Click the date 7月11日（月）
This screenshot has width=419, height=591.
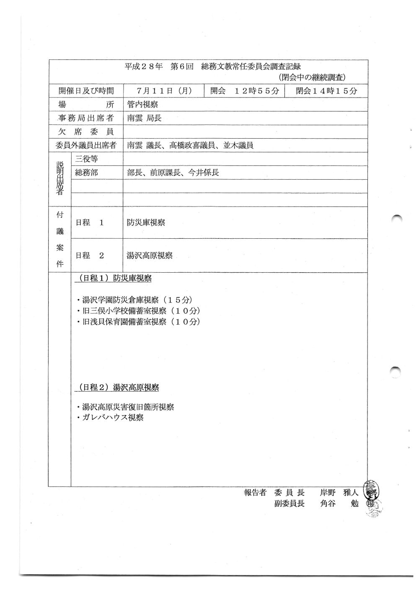click(164, 91)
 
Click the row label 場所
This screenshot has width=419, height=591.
click(86, 105)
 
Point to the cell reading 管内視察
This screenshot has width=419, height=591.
click(142, 105)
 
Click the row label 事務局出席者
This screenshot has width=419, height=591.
click(86, 118)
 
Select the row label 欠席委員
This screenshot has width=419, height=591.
click(86, 132)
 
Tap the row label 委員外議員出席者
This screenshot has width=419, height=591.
click(86, 145)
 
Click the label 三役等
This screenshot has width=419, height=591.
click(86, 159)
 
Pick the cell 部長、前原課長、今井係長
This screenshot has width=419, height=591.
click(173, 172)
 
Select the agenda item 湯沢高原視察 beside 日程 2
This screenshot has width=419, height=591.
click(150, 255)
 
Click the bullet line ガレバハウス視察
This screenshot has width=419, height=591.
click(111, 418)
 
